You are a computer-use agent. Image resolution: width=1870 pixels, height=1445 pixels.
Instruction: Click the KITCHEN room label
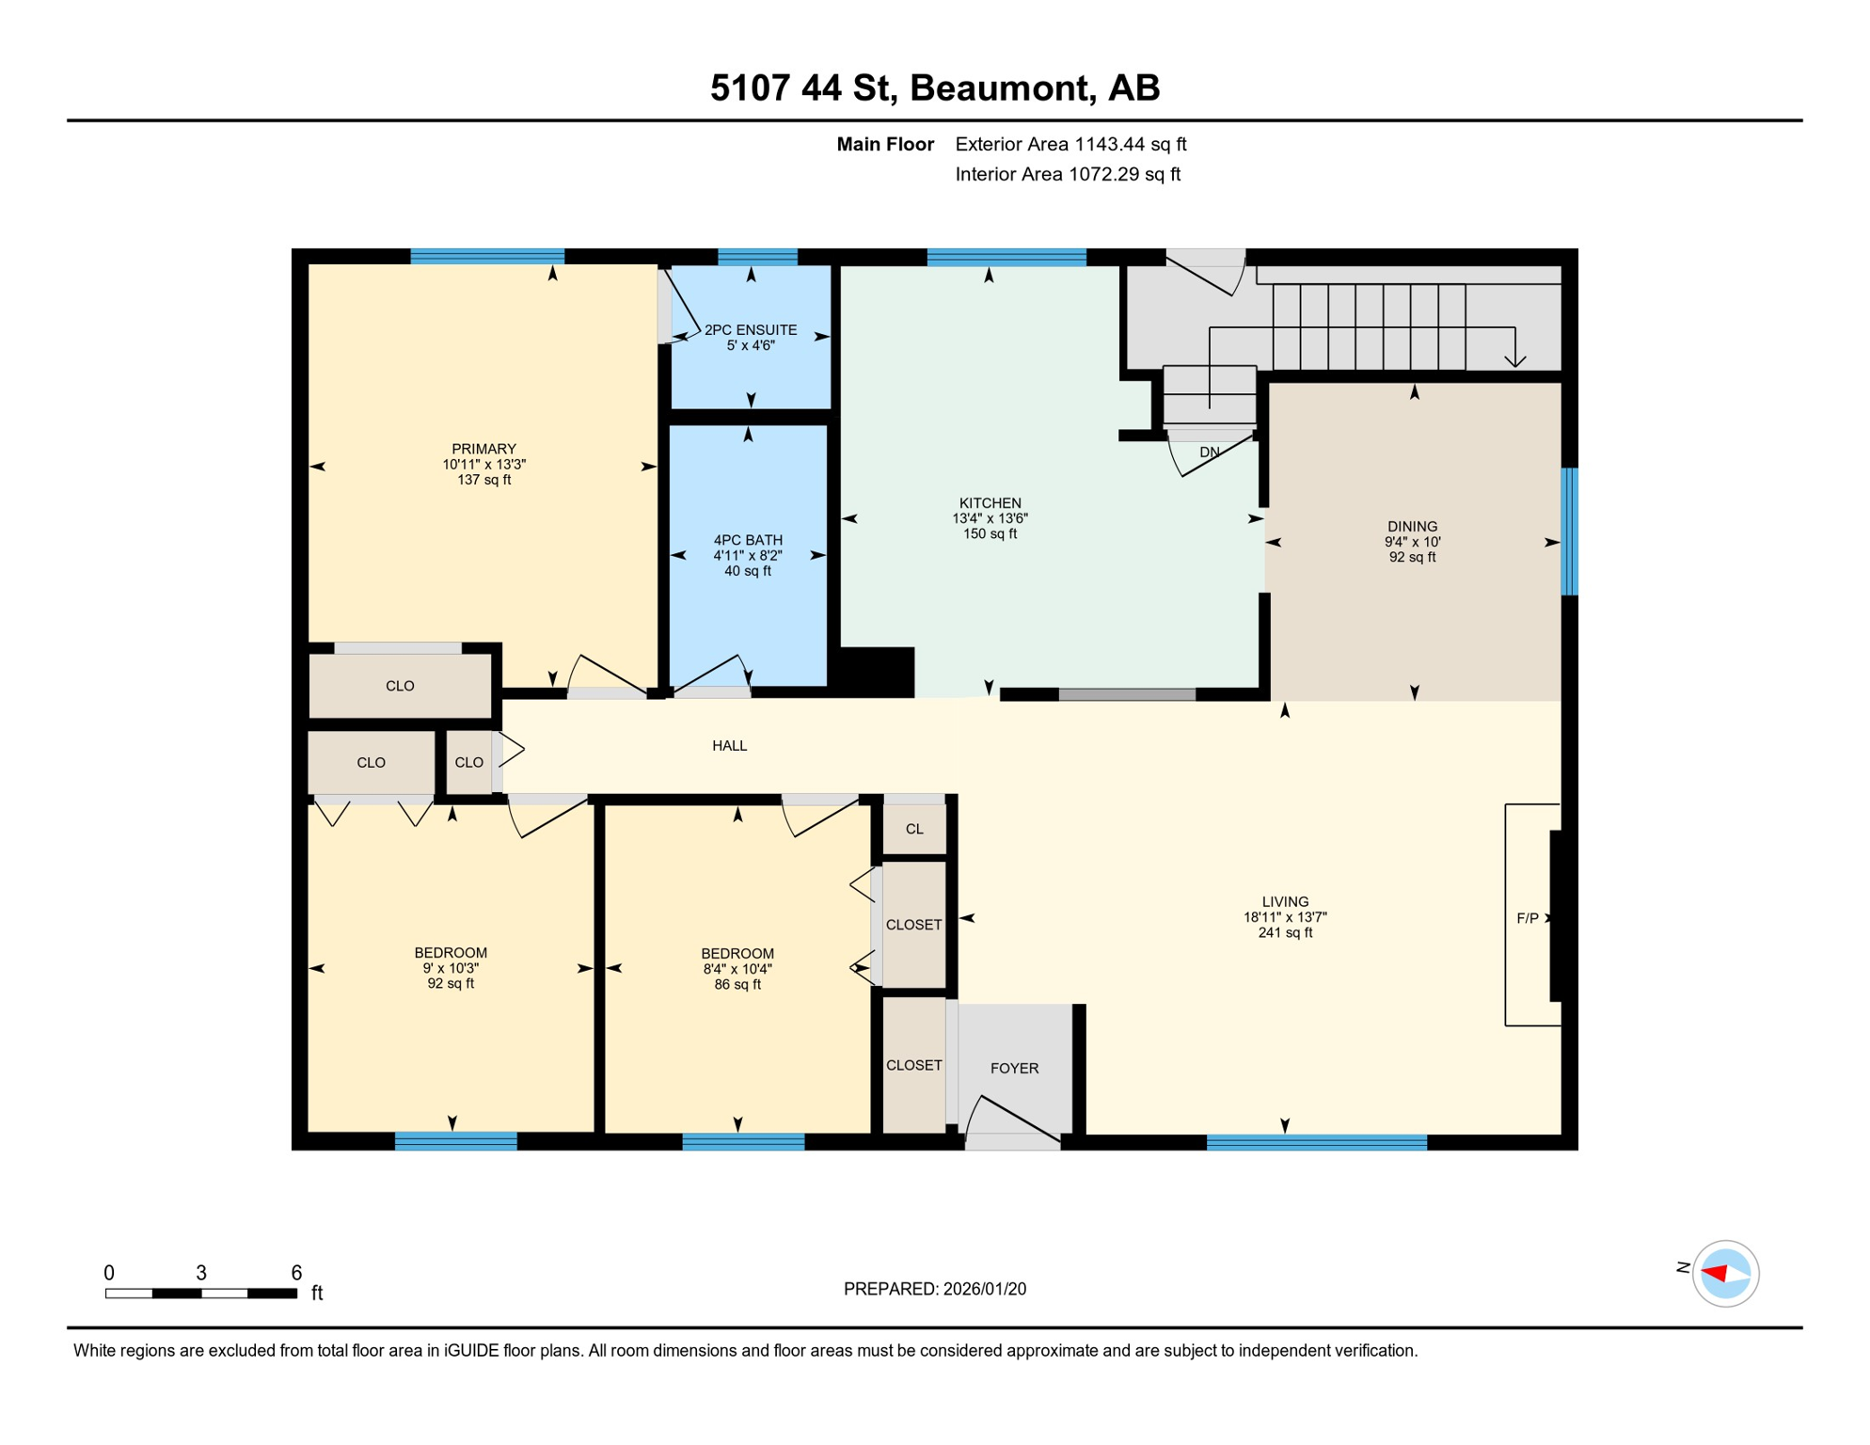point(990,503)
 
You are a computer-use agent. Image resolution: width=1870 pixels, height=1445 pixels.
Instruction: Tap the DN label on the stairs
point(1210,453)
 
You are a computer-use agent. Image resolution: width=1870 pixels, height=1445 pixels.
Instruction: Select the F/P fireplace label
point(1528,918)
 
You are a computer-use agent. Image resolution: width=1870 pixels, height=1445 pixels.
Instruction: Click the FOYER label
point(1014,1068)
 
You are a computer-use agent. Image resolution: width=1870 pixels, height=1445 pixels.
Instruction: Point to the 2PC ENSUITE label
point(751,330)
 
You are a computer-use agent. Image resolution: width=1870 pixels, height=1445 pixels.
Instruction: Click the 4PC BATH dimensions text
point(747,556)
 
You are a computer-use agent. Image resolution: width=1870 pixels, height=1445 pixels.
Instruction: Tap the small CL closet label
point(914,829)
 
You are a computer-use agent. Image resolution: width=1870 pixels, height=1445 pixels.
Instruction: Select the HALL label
point(729,746)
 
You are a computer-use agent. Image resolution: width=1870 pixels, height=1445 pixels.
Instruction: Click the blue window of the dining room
point(1569,532)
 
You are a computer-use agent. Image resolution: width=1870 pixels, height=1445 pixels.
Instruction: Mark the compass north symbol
point(1725,1274)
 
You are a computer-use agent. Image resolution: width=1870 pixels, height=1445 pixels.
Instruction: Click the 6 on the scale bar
point(296,1273)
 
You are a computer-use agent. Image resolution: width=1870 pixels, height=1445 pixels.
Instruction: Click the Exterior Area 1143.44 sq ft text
point(1070,144)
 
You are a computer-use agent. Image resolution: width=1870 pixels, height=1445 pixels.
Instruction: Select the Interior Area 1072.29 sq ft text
point(1068,174)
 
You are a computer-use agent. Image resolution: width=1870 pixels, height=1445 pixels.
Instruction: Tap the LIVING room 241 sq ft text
point(1285,933)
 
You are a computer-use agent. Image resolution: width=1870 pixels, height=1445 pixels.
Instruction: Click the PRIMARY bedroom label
point(483,449)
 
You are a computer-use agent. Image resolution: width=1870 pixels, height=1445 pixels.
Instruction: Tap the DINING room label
point(1412,527)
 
